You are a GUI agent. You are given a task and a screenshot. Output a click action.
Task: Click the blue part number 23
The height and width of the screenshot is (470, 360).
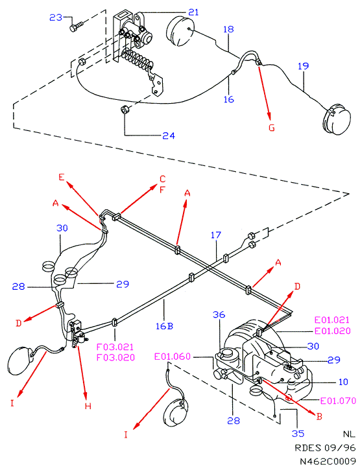(x=56, y=18)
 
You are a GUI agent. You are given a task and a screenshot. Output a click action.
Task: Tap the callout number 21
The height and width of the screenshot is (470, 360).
(x=193, y=12)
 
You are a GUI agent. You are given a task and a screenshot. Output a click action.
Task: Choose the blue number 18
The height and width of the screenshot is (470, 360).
(x=228, y=29)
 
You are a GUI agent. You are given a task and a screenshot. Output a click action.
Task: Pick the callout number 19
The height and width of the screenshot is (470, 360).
(x=304, y=66)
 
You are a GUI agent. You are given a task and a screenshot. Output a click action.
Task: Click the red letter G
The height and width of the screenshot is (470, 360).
(x=272, y=128)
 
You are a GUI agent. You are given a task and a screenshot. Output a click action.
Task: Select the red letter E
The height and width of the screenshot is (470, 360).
(x=62, y=177)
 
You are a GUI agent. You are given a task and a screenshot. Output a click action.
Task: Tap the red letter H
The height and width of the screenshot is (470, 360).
(x=88, y=406)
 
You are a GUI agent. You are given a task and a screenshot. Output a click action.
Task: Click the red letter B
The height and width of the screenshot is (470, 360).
(x=319, y=416)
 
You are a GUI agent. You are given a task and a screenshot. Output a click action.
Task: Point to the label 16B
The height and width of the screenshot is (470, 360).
(x=164, y=326)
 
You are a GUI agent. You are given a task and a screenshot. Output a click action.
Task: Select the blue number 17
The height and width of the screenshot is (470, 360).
(x=216, y=235)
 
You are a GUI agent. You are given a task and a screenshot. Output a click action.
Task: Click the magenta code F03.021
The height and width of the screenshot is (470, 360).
(x=115, y=347)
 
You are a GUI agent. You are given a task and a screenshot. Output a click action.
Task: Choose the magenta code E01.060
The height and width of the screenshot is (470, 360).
(x=173, y=357)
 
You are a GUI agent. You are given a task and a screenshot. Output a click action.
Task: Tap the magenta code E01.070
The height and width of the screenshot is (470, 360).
(x=338, y=401)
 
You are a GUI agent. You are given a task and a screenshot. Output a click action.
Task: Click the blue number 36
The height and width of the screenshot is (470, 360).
(x=219, y=314)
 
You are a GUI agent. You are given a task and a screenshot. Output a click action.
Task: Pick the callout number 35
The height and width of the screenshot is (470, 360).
(x=298, y=434)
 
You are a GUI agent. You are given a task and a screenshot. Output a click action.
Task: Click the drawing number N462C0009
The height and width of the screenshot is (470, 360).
(x=328, y=460)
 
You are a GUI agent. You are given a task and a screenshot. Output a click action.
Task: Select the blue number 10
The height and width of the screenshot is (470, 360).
(x=343, y=382)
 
